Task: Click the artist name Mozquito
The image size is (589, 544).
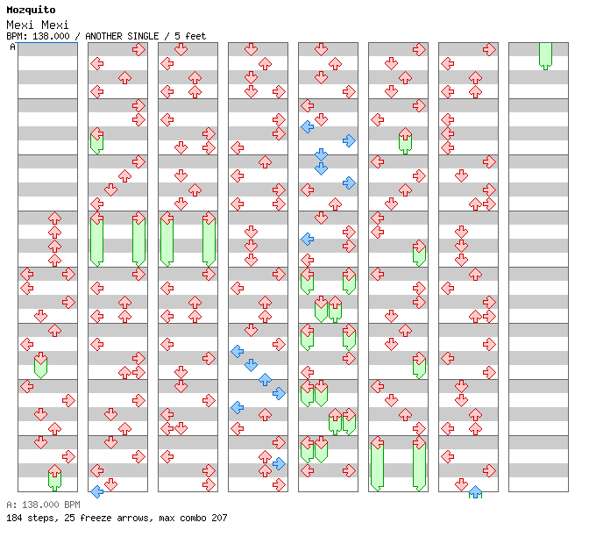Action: pos(31,10)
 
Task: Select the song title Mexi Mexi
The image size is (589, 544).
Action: pos(38,25)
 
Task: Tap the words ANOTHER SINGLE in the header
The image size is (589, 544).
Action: pos(122,36)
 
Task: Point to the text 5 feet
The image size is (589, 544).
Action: pos(190,36)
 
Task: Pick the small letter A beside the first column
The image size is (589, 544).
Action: pos(12,47)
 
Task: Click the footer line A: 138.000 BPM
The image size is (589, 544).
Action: pos(43,505)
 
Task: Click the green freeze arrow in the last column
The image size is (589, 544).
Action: pos(545,56)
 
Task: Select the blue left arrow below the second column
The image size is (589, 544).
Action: pos(97,491)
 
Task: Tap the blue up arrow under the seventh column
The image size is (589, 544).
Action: pos(476,491)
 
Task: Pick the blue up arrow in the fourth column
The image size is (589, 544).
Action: pos(266,379)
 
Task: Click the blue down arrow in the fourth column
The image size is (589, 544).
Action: pos(251,365)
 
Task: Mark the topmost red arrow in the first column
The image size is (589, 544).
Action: pos(55,218)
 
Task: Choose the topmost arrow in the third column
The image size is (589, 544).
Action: pos(181,49)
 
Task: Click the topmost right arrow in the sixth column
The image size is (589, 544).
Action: pos(419,49)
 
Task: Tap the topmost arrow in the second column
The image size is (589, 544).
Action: pos(139,49)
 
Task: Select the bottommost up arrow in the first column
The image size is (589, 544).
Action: pos(55,470)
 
